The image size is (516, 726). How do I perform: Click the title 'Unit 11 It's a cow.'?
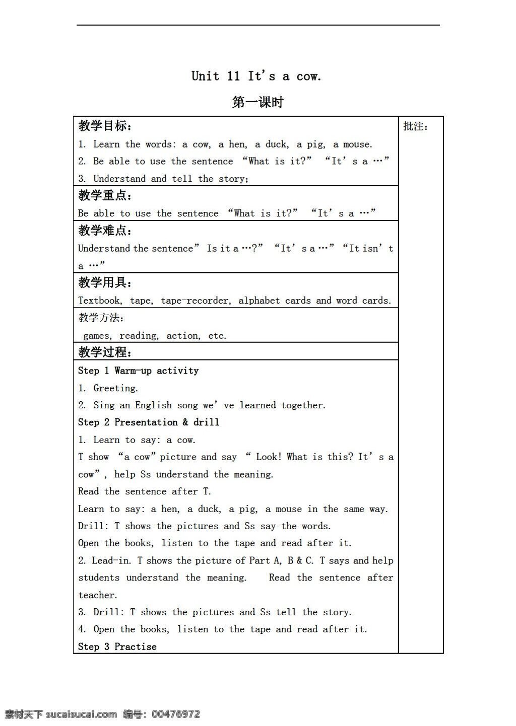pos(256,77)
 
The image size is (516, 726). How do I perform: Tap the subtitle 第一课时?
pos(258,102)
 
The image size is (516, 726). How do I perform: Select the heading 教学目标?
pos(105,126)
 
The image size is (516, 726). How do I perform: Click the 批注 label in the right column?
pos(415,126)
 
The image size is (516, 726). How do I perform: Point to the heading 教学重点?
pos(105,195)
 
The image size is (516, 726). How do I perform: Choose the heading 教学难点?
pos(105,231)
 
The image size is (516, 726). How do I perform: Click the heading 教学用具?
pos(105,282)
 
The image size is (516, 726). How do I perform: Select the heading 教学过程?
pos(105,351)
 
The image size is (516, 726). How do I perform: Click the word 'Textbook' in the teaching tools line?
pos(99,301)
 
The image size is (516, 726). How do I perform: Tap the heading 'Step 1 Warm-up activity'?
pos(138,371)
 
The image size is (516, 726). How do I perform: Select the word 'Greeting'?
pos(115,388)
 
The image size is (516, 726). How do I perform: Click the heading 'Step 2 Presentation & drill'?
pos(149,422)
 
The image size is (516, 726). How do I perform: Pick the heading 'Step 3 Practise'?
pos(117,646)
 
